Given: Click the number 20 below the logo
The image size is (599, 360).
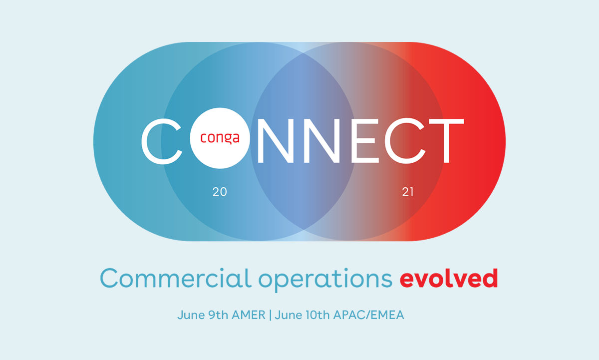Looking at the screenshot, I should click(x=220, y=192).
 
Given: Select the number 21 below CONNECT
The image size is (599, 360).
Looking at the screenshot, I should click(x=407, y=192).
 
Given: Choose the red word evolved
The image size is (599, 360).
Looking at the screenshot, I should click(x=448, y=279).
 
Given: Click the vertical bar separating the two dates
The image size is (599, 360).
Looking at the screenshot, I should click(x=270, y=316).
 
